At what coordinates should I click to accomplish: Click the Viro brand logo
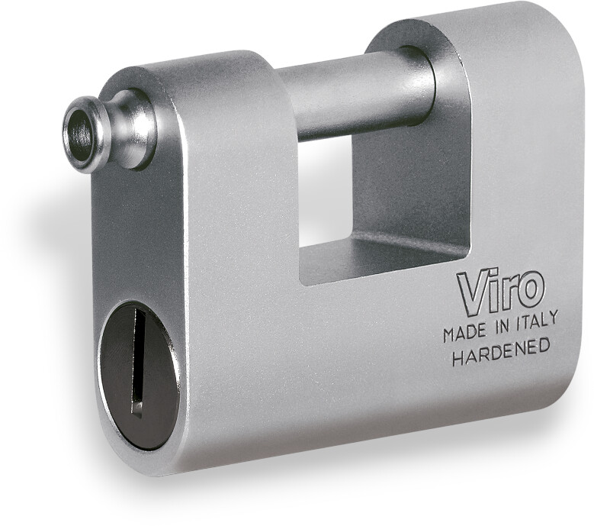(498, 292)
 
